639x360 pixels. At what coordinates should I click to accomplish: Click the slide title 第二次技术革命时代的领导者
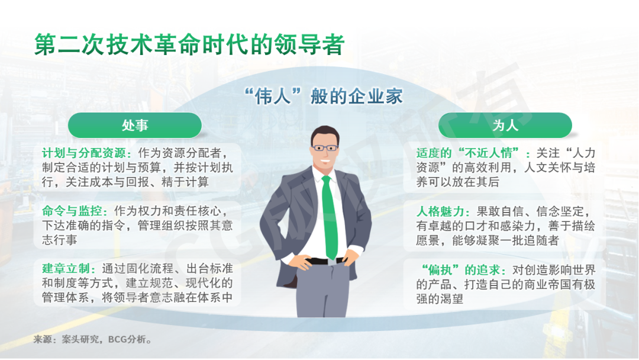coord(189,44)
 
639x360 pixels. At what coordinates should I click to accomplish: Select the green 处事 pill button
coord(135,125)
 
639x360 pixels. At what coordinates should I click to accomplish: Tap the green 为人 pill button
coord(505,125)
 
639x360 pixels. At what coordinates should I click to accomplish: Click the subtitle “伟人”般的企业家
coord(324,97)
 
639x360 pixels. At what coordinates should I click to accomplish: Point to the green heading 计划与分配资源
coord(84,153)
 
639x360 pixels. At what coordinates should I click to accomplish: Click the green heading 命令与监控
coord(72,211)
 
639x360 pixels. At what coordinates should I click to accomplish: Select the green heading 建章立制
coord(66,269)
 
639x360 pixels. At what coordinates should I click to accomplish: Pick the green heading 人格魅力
coord(440,211)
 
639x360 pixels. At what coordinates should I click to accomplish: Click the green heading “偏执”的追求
coord(460,270)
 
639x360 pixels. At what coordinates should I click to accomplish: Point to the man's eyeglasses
coord(325,147)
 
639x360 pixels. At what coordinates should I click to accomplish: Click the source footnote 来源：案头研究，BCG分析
coord(92,339)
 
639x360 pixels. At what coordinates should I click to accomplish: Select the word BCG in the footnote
coord(117,339)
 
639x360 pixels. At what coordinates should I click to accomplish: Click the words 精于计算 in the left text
coord(185,182)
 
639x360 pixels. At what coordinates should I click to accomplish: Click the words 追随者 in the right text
coord(541,240)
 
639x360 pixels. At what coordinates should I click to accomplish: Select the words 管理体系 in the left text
coord(66,297)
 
